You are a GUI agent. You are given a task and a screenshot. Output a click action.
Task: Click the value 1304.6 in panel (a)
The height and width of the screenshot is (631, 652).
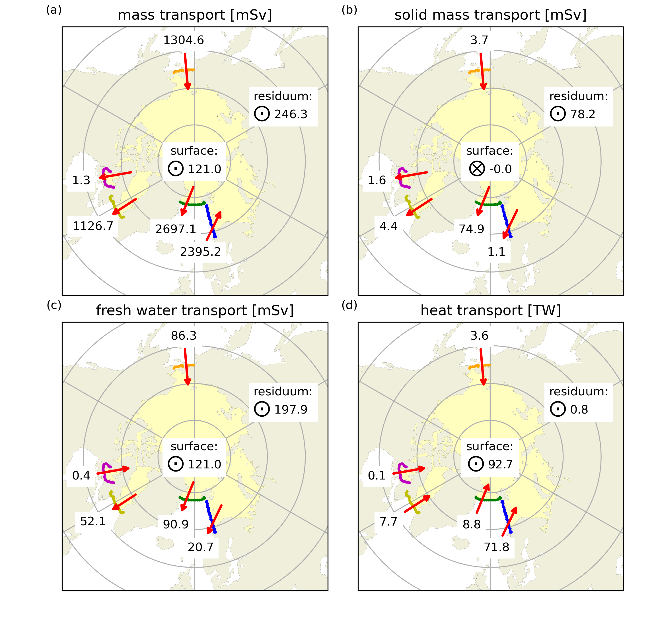(183, 40)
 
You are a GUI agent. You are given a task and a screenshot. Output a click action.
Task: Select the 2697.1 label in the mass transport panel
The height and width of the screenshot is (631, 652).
(176, 229)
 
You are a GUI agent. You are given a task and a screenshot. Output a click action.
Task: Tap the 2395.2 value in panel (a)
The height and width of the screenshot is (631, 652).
(200, 252)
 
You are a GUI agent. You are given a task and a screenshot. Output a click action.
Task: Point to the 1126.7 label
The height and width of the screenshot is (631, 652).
(93, 226)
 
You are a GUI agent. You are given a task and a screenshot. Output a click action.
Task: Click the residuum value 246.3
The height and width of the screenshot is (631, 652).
(291, 114)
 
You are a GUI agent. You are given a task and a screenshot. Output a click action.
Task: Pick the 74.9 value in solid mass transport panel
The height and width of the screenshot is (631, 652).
(471, 229)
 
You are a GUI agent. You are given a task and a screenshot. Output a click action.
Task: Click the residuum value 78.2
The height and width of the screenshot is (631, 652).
(583, 114)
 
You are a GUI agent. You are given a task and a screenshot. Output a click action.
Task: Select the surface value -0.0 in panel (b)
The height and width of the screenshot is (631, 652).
(500, 169)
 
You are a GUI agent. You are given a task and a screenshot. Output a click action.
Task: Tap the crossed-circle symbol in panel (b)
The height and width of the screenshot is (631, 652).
(477, 169)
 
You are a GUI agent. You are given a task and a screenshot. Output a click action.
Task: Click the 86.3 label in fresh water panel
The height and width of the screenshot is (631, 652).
(184, 336)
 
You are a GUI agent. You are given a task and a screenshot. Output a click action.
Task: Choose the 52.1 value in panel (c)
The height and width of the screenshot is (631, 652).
(93, 521)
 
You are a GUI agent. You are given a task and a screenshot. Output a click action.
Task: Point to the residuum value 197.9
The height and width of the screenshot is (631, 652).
(291, 410)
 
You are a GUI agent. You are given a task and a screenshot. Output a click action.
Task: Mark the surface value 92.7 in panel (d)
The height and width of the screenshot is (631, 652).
(500, 464)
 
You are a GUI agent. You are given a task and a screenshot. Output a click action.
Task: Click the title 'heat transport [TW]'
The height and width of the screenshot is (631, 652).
(491, 310)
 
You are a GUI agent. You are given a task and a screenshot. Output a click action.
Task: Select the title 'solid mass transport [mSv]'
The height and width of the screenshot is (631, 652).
(491, 15)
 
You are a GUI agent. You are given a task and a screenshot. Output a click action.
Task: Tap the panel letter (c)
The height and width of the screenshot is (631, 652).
(54, 305)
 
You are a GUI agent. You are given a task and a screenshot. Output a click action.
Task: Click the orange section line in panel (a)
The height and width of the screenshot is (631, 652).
(184, 70)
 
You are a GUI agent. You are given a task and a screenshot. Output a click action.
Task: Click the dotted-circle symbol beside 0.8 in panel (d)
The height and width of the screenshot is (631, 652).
(558, 409)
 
